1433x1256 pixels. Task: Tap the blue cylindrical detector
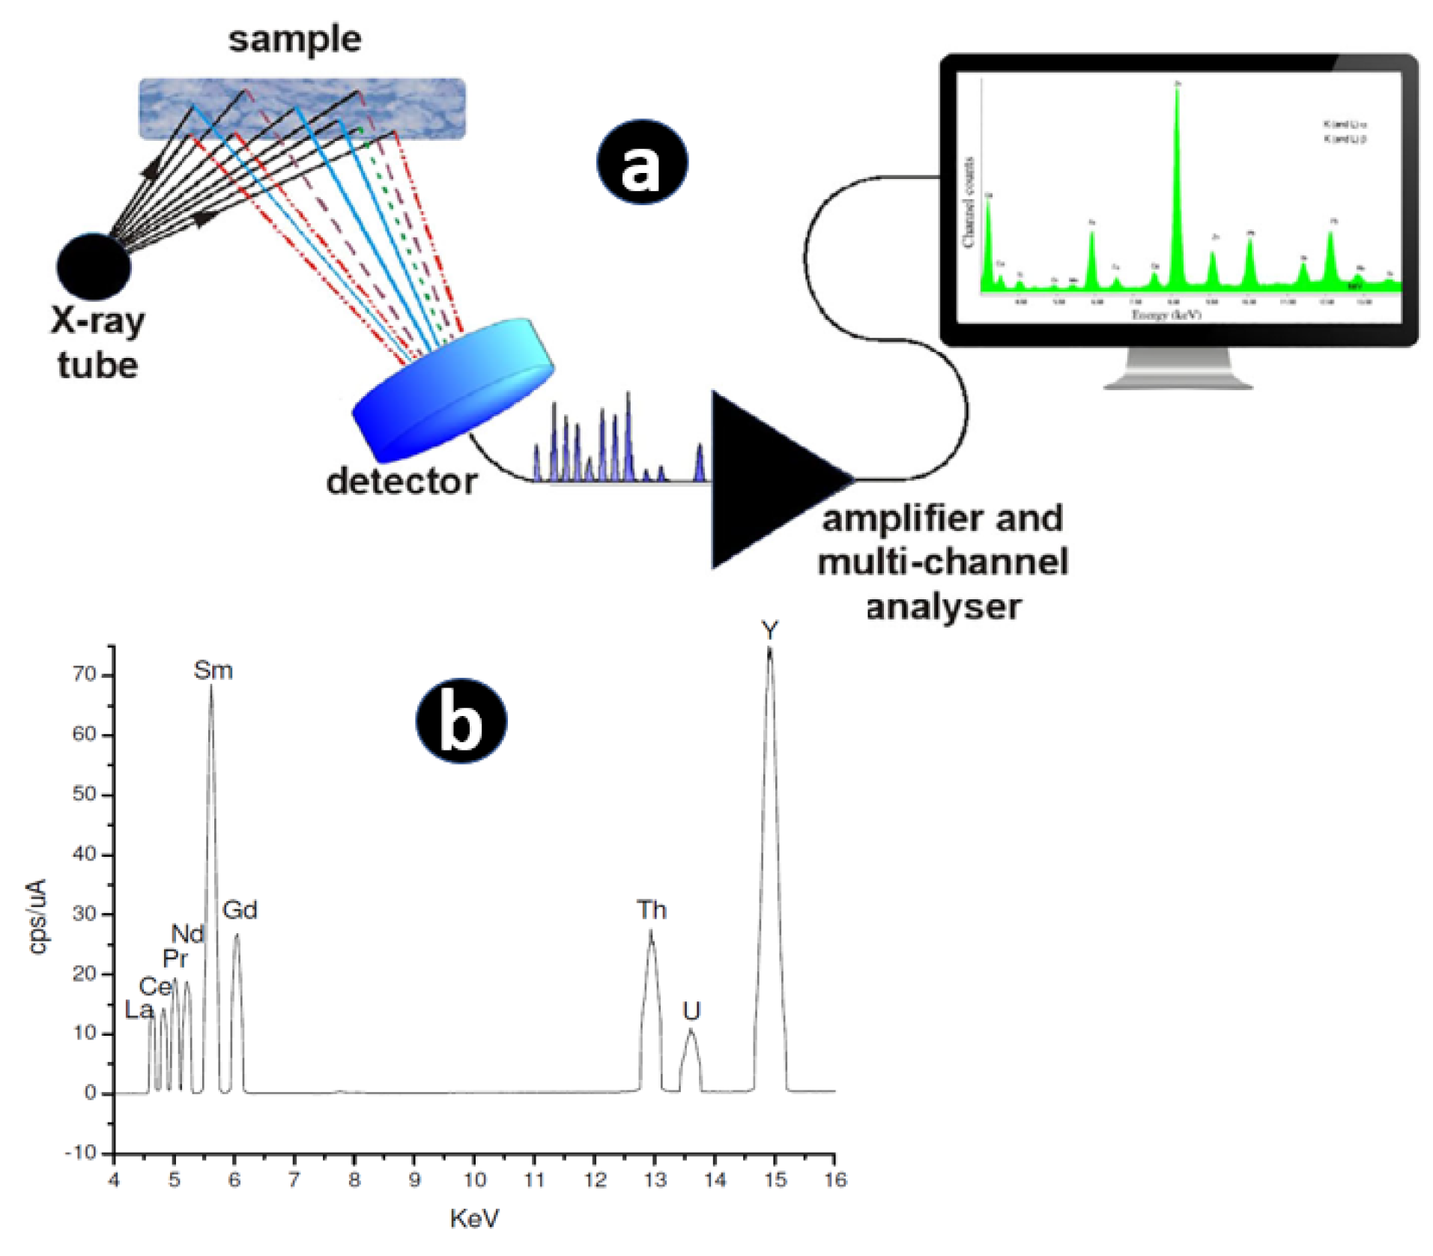coord(452,389)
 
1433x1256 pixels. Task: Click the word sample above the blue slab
coord(294,40)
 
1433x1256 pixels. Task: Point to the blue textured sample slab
coord(302,109)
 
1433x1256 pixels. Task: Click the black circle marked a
coord(642,163)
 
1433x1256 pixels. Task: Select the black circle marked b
coord(461,720)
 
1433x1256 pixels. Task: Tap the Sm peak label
coord(213,670)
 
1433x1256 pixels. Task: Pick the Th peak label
coord(651,910)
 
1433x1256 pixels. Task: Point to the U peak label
coord(691,1011)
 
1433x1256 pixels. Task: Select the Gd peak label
coord(240,910)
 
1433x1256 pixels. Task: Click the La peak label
coord(139,1010)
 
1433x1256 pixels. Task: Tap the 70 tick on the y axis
coord(85,674)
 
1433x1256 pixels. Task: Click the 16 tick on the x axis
coord(835,1180)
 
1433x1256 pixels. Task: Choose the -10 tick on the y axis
coord(80,1153)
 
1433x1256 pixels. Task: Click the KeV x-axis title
coord(474,1219)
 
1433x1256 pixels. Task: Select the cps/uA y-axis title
coord(37,916)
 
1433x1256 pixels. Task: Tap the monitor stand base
coord(1178,383)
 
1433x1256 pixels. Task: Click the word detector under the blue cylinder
coord(402,482)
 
